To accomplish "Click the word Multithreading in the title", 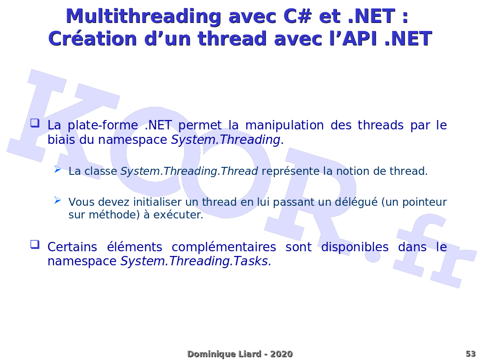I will point(143,16).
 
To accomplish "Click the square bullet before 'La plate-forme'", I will point(35,123).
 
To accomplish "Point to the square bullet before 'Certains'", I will point(35,244).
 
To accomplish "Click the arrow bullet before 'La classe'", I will point(58,169).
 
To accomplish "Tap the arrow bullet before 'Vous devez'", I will point(58,200).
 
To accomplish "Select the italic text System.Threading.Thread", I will point(189,172).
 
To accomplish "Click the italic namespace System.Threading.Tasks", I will point(194,262).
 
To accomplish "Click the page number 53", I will point(470,354).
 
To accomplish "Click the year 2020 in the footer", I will point(281,354).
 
